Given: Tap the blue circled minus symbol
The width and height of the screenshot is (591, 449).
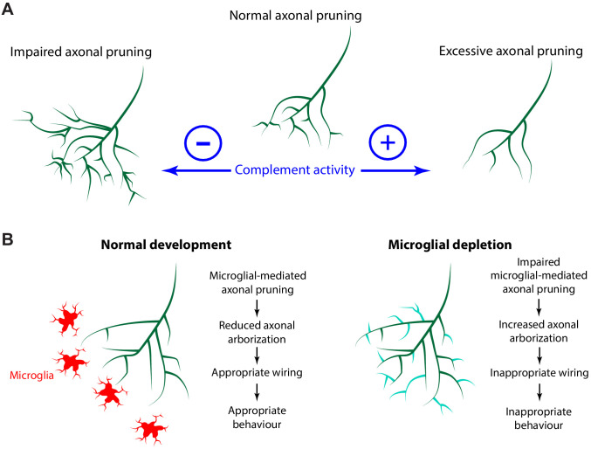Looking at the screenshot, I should click(202, 141).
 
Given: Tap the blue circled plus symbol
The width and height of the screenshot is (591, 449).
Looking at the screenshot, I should click(388, 141).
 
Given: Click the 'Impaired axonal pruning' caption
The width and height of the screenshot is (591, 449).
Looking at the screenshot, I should click(81, 52).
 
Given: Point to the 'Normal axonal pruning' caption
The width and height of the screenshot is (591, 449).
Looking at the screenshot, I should click(296, 17).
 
